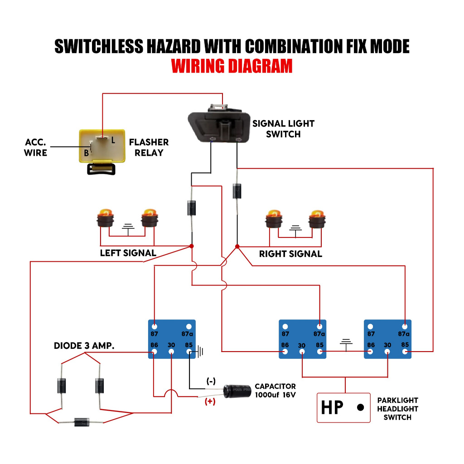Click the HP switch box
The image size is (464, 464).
point(343,407)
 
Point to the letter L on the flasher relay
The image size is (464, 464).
point(113,140)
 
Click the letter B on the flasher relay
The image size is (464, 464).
point(86,153)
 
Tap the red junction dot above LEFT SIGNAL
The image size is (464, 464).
point(192,246)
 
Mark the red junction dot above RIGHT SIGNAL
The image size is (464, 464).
point(237,246)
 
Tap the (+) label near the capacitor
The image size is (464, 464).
point(210,401)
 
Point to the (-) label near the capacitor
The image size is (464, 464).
point(211,381)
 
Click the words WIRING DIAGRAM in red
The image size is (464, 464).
point(232,66)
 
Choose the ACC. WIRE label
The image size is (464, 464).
point(36,148)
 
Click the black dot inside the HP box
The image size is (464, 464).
point(361,407)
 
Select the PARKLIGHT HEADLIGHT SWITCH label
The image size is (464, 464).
point(397,409)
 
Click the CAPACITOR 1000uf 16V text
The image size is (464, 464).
point(275,391)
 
